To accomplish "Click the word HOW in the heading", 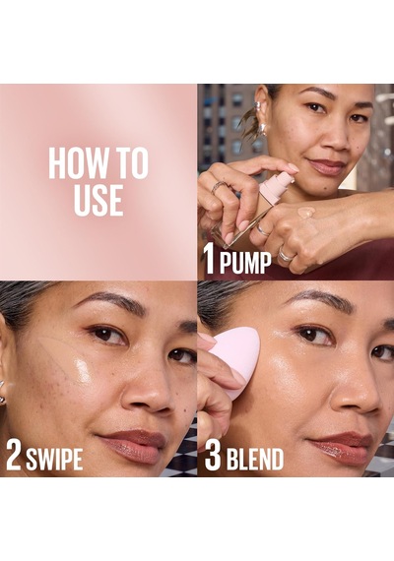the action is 74,164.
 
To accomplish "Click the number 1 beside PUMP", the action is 209,260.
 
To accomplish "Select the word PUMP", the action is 245,264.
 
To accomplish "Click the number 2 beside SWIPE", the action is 14,456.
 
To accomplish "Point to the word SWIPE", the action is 54,459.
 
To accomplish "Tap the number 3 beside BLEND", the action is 213,456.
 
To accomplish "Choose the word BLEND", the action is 255,459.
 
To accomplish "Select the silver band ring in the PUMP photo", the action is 287,254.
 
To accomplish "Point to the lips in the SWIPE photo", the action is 134,445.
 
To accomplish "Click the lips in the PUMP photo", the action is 326,165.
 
